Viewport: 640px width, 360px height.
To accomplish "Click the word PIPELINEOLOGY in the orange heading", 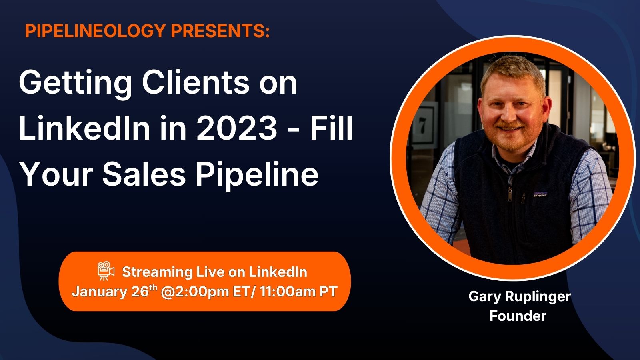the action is (x=96, y=30).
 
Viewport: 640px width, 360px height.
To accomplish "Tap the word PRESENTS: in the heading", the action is (x=220, y=30).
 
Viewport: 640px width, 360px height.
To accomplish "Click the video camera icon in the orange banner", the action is (x=106, y=271).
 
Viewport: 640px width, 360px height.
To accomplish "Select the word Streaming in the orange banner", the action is (x=157, y=272).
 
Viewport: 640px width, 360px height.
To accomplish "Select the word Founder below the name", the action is (x=518, y=316).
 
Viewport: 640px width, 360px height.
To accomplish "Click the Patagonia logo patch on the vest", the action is (x=540, y=194).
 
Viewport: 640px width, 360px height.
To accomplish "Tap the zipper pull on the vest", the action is (x=510, y=194).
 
